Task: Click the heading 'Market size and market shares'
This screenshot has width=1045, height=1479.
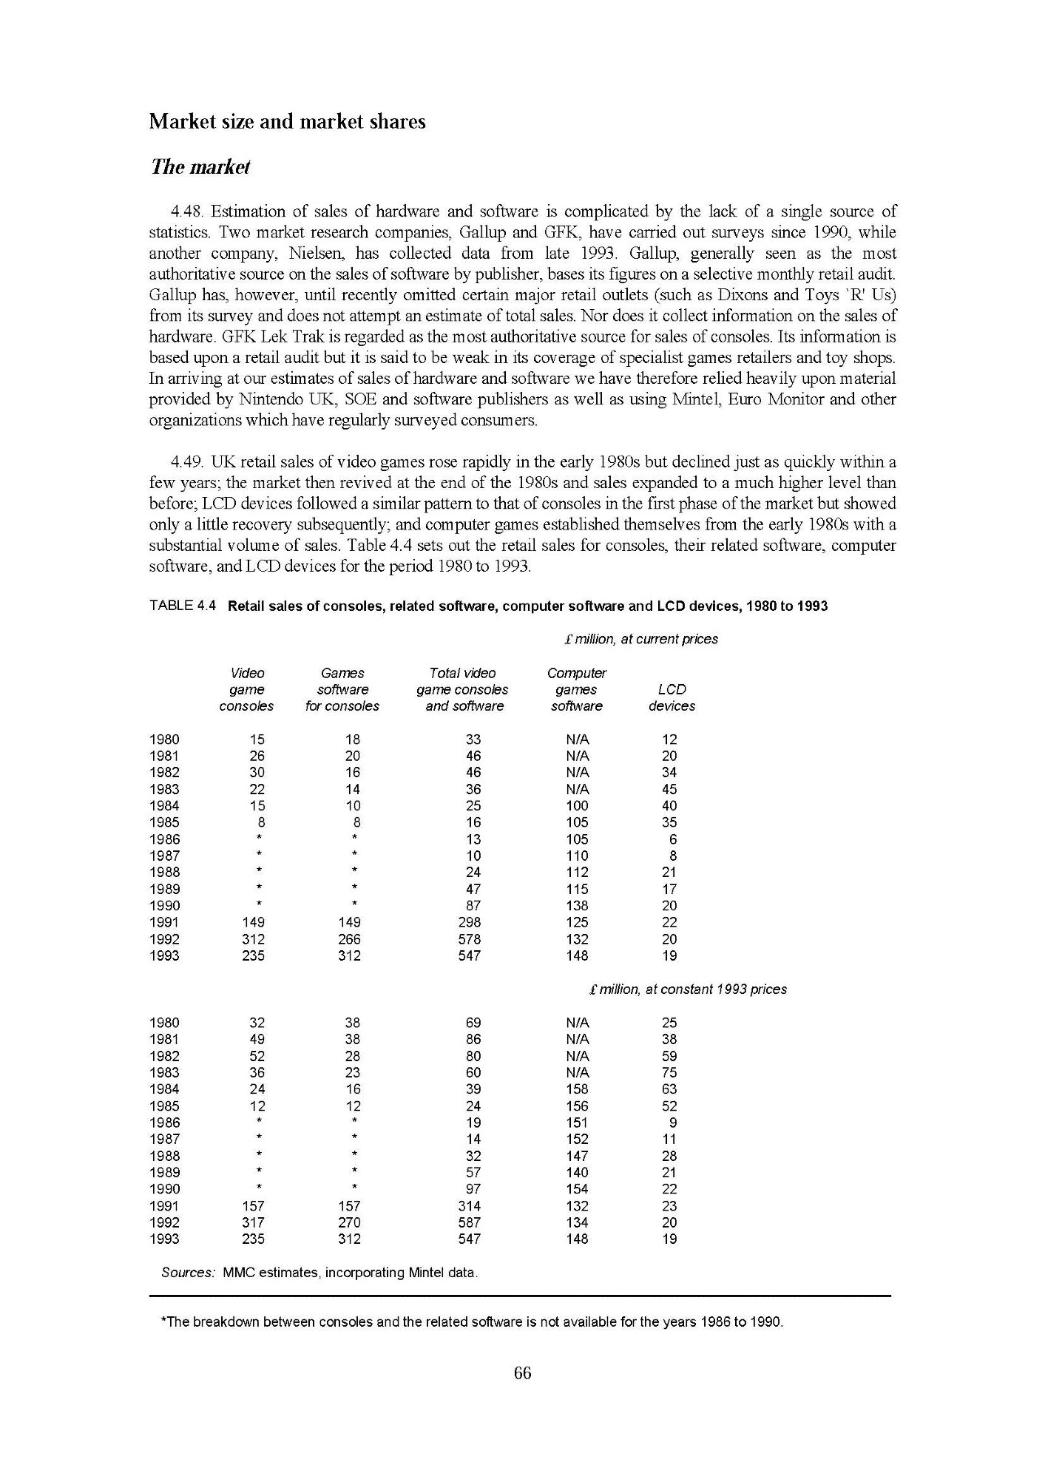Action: pos(287,122)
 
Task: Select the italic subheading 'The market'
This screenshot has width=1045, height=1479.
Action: pos(200,168)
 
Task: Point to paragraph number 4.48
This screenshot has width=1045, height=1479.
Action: pos(187,212)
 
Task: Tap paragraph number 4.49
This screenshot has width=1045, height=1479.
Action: pos(187,463)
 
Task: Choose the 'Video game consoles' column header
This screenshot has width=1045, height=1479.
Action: pos(247,689)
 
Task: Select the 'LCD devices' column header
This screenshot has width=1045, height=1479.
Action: pos(672,697)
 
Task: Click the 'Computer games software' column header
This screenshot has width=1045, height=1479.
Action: pos(576,689)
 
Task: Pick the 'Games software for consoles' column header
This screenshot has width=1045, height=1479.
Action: pos(342,689)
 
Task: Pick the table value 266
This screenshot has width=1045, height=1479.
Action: pos(349,939)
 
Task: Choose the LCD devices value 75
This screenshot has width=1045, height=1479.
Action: pos(669,1072)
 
